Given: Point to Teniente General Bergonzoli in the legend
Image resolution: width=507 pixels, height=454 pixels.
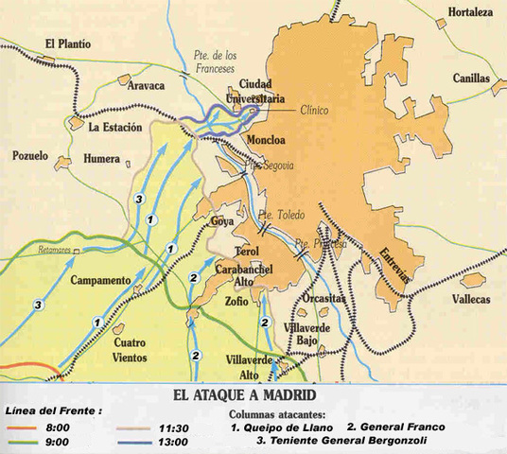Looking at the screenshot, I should [x=331, y=441].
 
